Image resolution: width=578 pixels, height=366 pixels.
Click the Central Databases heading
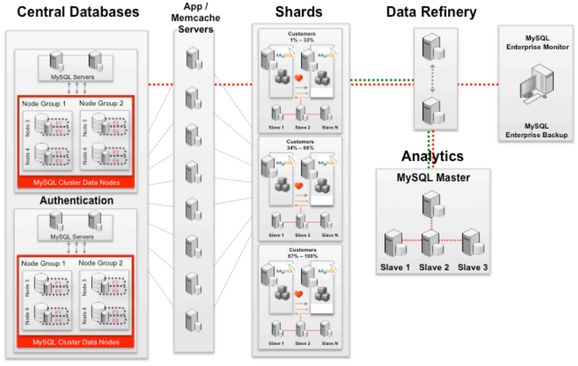(x=78, y=12)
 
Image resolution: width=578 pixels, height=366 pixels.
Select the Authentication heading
(x=76, y=201)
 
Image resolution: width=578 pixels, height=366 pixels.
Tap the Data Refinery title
(x=431, y=12)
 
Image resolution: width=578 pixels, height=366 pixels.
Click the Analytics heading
(x=432, y=156)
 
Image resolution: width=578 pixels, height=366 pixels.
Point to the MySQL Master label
(x=433, y=178)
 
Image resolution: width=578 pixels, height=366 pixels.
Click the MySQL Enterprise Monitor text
(x=536, y=43)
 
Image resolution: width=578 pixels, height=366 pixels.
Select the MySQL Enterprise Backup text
(x=536, y=131)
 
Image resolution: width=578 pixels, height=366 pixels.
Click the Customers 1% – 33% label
(x=301, y=37)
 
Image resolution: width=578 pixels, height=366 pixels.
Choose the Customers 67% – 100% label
(x=301, y=253)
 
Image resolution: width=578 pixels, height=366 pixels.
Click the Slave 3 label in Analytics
(x=473, y=267)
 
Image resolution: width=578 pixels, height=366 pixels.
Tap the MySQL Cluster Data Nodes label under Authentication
(x=76, y=342)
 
